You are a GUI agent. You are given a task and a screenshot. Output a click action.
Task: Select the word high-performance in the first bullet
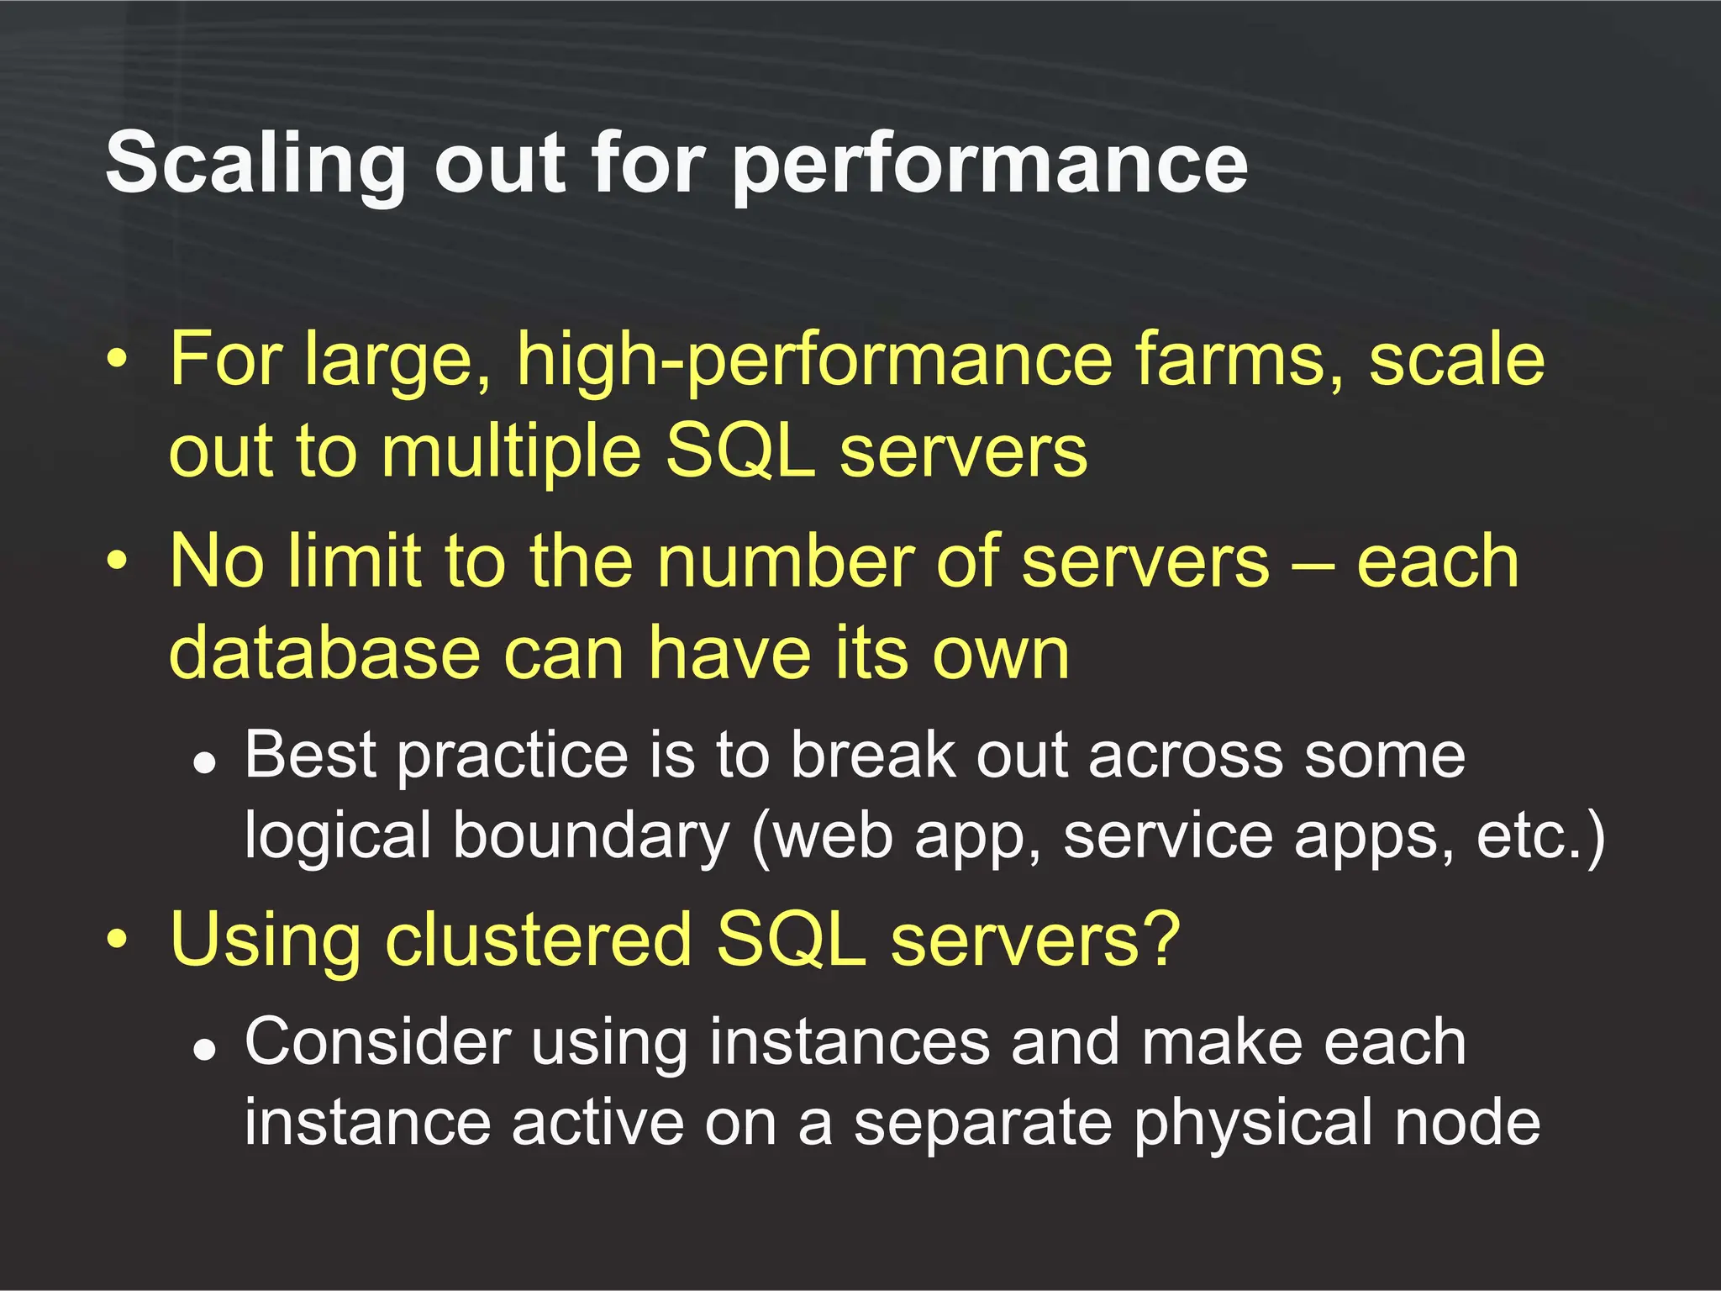(814, 361)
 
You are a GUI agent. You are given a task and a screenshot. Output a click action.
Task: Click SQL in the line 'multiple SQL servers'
(739, 452)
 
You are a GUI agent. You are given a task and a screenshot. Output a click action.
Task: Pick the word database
(324, 653)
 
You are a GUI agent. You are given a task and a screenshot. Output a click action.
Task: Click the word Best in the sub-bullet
(310, 755)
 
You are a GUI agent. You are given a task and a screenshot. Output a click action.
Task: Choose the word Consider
(377, 1042)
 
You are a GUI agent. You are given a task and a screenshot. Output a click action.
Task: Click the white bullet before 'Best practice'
(204, 762)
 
